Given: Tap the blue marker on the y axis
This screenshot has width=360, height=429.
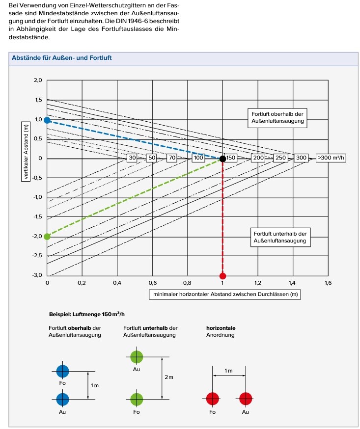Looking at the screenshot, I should [47, 120].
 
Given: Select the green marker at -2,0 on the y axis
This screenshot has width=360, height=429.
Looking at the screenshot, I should [47, 236].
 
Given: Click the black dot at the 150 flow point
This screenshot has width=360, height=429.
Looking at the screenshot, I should [222, 159].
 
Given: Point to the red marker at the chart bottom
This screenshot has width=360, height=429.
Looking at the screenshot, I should [222, 276].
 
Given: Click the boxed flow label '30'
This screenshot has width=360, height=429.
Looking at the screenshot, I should [132, 158].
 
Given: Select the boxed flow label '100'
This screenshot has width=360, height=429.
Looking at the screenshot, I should [198, 158].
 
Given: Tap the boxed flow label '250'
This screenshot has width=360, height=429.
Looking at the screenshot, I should [280, 158].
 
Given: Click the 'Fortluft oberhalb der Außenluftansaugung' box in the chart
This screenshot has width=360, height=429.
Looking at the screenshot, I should [277, 117].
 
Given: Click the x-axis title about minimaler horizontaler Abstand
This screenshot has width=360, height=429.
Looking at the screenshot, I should [225, 295].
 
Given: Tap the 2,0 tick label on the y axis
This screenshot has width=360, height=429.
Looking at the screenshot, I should [38, 80].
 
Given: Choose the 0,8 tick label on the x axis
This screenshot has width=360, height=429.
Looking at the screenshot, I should [187, 283].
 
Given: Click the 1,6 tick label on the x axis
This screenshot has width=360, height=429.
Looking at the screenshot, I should [328, 283].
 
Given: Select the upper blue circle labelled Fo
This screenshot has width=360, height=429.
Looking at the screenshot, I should [62, 371].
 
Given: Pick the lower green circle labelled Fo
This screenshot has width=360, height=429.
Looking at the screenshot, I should [137, 398].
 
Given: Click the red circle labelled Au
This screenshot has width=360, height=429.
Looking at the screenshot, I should [246, 398].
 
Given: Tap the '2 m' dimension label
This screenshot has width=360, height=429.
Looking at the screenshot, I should [168, 377].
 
